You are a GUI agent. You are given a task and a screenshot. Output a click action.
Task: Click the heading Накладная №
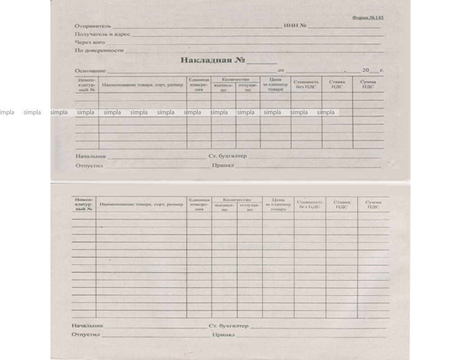point(213,60)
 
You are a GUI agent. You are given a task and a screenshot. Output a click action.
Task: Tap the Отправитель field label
point(92,26)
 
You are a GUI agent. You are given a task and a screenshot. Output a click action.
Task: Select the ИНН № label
point(295,26)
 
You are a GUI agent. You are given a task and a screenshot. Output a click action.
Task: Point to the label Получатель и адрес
point(102,34)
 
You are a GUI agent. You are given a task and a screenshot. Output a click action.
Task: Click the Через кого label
point(90,42)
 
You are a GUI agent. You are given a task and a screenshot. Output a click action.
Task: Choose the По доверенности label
point(99,50)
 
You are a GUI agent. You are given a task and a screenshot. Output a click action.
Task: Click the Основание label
point(90,71)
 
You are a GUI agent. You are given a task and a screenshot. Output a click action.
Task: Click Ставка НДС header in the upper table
point(337,84)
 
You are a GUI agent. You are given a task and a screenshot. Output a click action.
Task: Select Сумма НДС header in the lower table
point(373,204)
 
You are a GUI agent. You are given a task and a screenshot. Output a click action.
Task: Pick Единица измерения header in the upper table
point(199,85)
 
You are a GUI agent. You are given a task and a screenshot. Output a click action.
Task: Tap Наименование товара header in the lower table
point(141,204)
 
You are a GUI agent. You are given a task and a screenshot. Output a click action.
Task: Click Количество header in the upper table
point(235,80)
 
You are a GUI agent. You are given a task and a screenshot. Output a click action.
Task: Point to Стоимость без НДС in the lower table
point(310,204)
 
